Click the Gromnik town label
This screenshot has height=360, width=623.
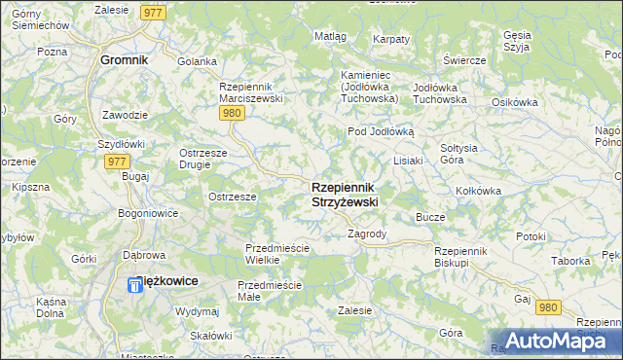point(125,59)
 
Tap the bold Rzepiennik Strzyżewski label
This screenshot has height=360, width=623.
point(345,194)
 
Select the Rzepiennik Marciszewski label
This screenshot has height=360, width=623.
point(251,91)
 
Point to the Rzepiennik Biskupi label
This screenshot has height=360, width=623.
point(465,256)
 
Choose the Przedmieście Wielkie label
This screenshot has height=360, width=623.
point(276,254)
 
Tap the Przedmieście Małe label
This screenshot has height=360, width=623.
point(269,291)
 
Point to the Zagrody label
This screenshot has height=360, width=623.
point(368,234)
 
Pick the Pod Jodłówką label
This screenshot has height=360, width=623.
point(382,131)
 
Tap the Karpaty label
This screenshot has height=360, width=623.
point(391,39)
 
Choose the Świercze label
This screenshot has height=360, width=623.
point(464,60)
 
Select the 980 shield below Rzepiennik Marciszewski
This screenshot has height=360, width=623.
point(231,113)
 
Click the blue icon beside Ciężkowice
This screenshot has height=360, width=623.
point(136,286)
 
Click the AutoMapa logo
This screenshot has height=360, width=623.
point(558,340)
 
